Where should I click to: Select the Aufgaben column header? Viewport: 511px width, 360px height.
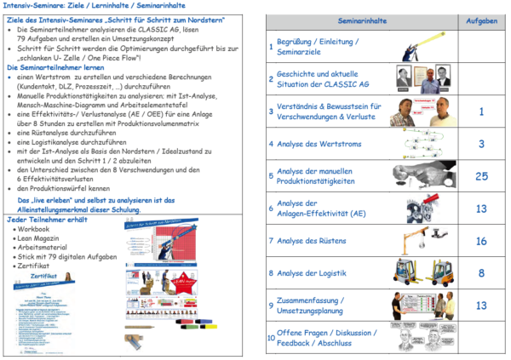pyautogui.click(x=480, y=18)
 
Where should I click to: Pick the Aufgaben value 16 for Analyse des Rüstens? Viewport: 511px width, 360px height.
pyautogui.click(x=480, y=241)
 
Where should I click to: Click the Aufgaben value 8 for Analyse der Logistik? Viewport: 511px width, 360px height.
pyautogui.click(x=480, y=273)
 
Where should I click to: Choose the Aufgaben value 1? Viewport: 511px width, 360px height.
pyautogui.click(x=480, y=111)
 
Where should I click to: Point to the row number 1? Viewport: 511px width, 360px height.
pyautogui.click(x=270, y=47)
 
